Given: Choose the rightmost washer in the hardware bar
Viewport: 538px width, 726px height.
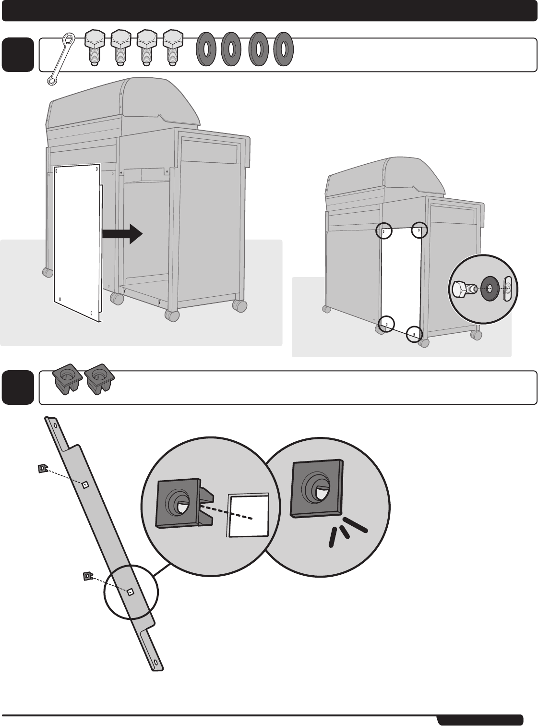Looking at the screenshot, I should coord(284,48).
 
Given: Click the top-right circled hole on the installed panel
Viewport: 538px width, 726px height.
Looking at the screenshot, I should coord(419,230).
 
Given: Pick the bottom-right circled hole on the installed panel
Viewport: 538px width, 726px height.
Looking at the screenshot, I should coord(414,333).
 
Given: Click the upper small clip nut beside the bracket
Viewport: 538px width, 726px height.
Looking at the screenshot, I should coord(42,468).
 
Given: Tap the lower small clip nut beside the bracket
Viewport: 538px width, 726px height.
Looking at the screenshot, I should coord(87,576).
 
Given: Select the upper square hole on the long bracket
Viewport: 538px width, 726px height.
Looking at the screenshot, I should coord(84,484).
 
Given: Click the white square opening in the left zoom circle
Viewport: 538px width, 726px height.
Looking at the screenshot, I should coord(248,516).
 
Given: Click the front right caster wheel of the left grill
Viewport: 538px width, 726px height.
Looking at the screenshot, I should coord(172,315).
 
